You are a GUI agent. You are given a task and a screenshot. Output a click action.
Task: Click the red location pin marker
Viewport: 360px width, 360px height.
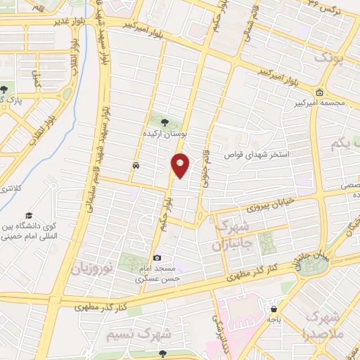coord(181,165)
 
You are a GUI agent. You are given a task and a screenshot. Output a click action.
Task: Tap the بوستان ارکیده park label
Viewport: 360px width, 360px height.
coord(164,132)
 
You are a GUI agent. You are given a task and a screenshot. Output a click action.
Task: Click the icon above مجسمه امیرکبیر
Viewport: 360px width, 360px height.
coord(319,92)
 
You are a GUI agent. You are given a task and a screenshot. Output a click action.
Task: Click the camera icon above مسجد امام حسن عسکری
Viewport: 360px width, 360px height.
coord(157,258)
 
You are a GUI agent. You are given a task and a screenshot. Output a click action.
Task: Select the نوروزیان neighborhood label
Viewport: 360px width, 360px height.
coord(92,269)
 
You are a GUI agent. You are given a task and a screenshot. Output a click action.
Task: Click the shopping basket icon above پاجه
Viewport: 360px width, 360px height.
coord(273,308)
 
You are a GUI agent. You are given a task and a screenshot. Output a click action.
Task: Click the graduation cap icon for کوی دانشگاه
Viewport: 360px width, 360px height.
coord(30,215)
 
